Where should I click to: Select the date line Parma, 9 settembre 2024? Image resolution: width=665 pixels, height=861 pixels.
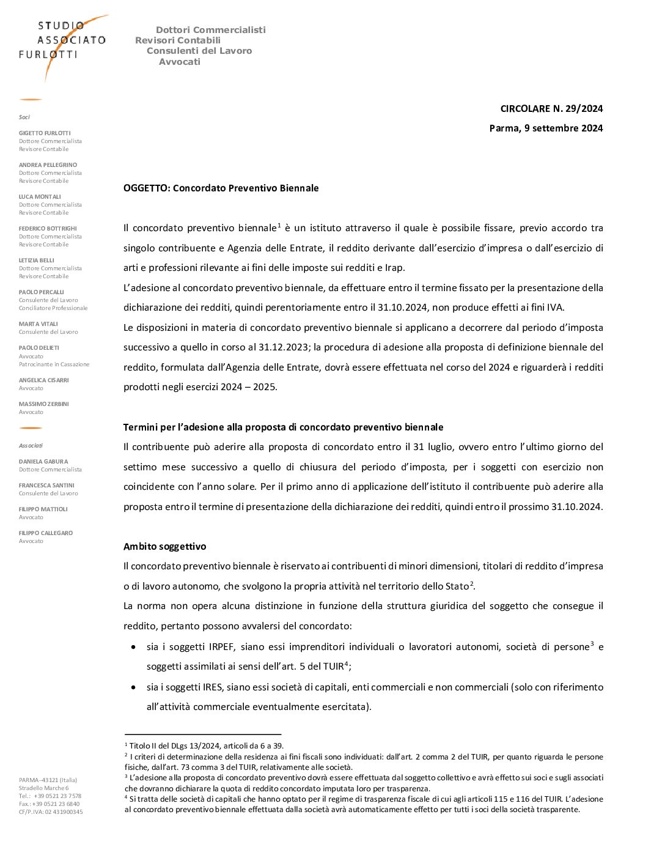click(546, 128)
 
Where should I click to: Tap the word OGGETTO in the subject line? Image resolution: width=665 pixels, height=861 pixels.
click(146, 188)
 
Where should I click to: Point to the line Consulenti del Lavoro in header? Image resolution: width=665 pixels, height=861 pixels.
click(199, 51)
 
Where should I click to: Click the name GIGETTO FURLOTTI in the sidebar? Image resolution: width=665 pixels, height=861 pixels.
click(45, 133)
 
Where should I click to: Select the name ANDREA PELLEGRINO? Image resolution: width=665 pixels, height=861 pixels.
click(48, 165)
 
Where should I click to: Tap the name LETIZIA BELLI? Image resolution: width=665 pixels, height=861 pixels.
click(37, 261)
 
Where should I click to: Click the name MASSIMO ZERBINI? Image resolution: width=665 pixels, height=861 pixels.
click(43, 404)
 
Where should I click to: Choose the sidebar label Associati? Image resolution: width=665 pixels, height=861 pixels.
click(31, 446)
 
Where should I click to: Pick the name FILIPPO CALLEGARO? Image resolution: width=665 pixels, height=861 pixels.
click(46, 533)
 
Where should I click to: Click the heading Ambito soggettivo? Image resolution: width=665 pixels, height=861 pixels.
click(165, 547)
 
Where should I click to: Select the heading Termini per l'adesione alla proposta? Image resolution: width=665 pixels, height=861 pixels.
click(283, 427)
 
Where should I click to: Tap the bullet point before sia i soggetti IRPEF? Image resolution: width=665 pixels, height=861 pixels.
click(134, 647)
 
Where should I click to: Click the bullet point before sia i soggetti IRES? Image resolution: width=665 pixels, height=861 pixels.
click(134, 687)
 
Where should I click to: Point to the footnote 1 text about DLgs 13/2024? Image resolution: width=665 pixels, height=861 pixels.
click(206, 746)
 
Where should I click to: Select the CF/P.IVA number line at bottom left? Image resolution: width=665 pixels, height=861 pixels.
click(51, 812)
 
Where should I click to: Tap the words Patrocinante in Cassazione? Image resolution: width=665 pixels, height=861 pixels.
click(54, 364)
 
